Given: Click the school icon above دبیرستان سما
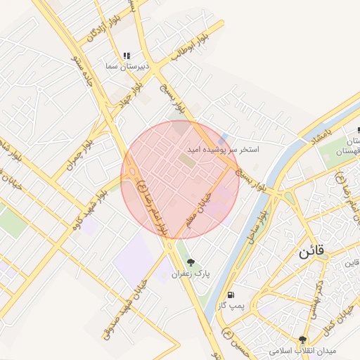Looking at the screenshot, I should (x=127, y=56).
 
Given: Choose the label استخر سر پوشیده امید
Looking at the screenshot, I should (x=223, y=150).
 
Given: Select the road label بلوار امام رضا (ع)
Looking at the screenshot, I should (x=153, y=207).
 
